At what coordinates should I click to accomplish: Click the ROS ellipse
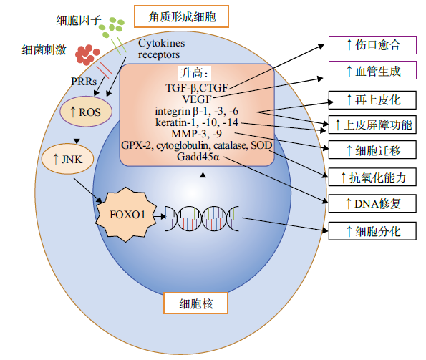86,112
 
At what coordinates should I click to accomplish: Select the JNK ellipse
67,159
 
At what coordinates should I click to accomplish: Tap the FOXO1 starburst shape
126,214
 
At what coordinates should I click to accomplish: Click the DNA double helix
202,218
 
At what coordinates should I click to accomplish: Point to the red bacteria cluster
87,55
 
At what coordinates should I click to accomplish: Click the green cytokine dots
112,27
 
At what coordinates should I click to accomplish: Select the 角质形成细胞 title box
181,16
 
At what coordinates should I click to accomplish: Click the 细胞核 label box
195,303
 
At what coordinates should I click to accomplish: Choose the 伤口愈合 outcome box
372,45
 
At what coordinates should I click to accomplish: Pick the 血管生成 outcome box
372,70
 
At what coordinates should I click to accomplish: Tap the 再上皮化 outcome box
372,100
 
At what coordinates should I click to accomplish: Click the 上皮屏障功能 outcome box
372,125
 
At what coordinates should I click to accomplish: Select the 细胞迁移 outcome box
372,150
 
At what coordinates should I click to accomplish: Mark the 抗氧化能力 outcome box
372,177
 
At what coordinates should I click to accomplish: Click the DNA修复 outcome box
372,203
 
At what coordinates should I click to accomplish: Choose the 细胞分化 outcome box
372,231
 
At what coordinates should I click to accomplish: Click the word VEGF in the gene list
197,99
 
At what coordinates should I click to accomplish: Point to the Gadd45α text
198,157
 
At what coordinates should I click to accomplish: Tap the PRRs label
84,81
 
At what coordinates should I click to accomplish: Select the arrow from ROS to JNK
77,137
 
